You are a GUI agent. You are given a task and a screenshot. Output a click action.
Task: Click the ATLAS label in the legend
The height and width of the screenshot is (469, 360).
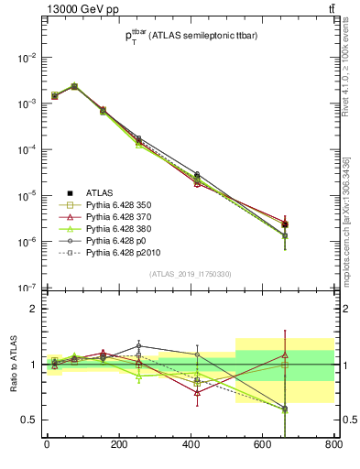[x=100, y=192]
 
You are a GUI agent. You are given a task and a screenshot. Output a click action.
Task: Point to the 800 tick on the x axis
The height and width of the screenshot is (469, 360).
[x=333, y=445]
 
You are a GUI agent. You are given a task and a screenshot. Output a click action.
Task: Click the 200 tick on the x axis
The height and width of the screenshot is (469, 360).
[x=118, y=445]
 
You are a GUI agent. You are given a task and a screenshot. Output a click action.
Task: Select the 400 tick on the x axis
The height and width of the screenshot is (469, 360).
[x=190, y=445]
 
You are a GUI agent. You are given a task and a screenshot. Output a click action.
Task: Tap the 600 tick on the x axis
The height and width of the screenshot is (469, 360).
[x=262, y=445]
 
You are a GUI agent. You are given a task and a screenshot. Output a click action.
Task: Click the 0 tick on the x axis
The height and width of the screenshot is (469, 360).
[x=47, y=445]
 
